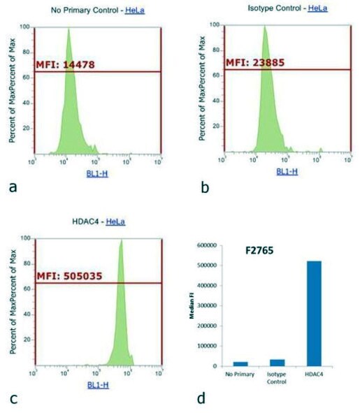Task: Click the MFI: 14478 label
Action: [65, 64]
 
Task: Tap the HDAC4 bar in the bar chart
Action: [318, 314]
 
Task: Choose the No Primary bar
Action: [240, 363]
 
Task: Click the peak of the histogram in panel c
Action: [121, 241]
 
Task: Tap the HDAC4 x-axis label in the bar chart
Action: [318, 374]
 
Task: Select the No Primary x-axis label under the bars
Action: [240, 374]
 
